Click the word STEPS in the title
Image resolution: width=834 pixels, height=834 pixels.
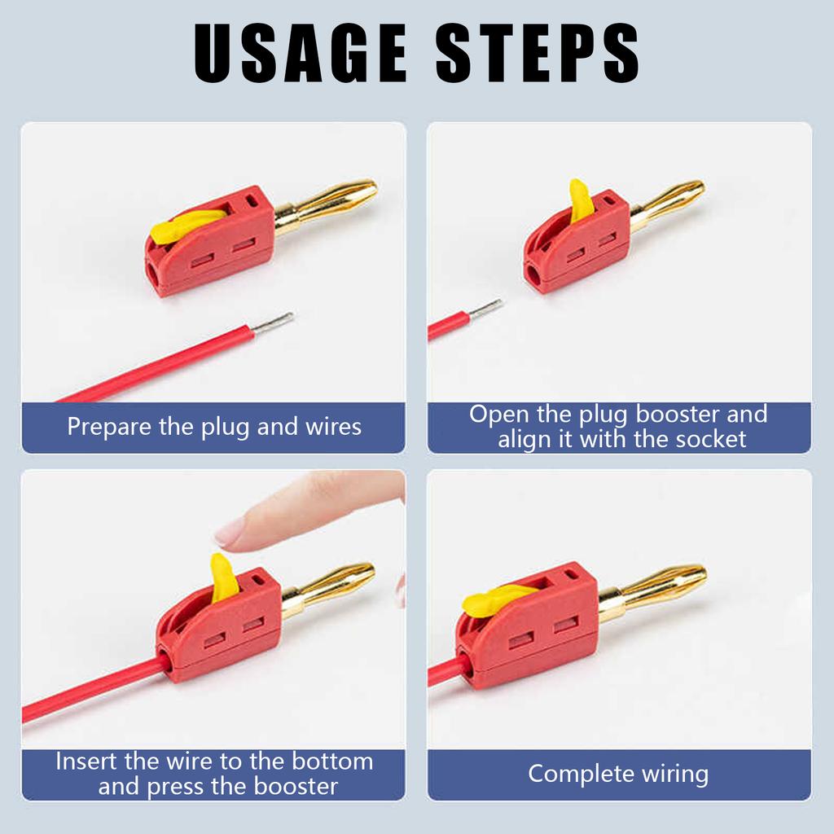538,54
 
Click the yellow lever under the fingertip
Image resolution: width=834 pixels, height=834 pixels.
223,578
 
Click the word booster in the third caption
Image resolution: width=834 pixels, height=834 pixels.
296,787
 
